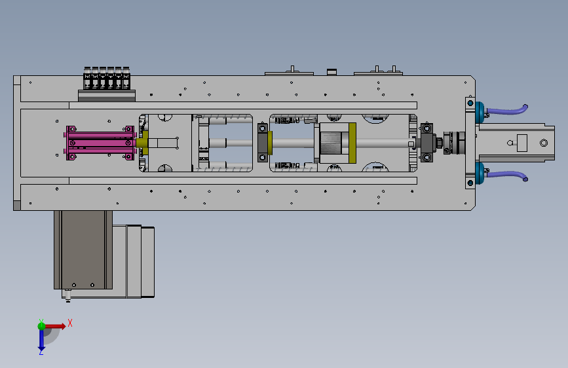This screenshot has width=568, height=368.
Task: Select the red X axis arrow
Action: coord(55,326)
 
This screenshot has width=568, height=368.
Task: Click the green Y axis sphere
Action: coord(42,325)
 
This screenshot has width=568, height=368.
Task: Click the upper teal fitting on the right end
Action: coord(480,112)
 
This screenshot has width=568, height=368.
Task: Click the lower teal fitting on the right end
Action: coord(480,173)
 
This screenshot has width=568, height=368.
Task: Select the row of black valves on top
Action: coord(107,78)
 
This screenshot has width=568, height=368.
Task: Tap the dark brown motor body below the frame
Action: coord(83,249)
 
